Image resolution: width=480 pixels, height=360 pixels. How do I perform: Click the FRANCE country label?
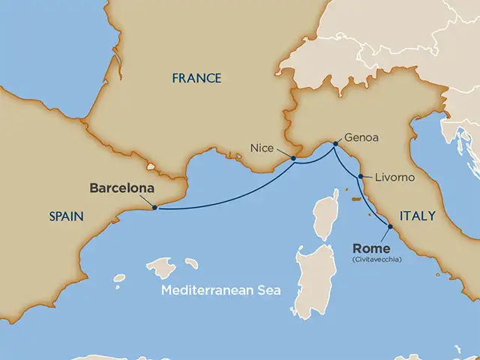(196, 78)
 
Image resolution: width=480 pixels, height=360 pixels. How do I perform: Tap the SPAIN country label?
(65, 215)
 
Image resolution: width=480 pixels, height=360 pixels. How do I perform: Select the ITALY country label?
(417, 215)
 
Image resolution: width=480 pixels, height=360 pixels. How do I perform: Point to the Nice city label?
(262, 148)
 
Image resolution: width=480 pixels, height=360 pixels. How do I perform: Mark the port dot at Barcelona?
(154, 208)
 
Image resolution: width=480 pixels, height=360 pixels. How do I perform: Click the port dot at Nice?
(293, 158)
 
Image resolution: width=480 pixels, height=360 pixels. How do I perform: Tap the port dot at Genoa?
(334, 144)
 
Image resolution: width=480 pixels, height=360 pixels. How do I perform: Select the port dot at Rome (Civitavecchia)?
(391, 226)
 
